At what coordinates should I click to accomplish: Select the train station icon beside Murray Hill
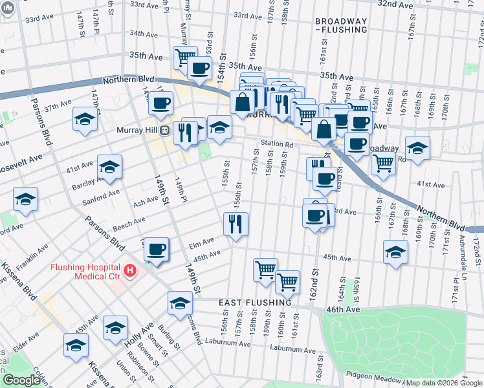[166, 129]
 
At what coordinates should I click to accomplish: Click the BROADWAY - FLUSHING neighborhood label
[341, 25]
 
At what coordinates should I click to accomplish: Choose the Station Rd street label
[277, 144]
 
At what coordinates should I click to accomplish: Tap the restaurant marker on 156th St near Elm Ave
[236, 224]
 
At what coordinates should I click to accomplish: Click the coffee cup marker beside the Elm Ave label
[155, 249]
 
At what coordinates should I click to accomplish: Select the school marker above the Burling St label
[180, 303]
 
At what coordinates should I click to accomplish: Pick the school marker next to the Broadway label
[417, 148]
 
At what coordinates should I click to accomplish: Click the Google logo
[22, 380]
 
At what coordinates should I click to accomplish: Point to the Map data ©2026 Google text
[444, 383]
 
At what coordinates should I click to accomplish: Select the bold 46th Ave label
[343, 310]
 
